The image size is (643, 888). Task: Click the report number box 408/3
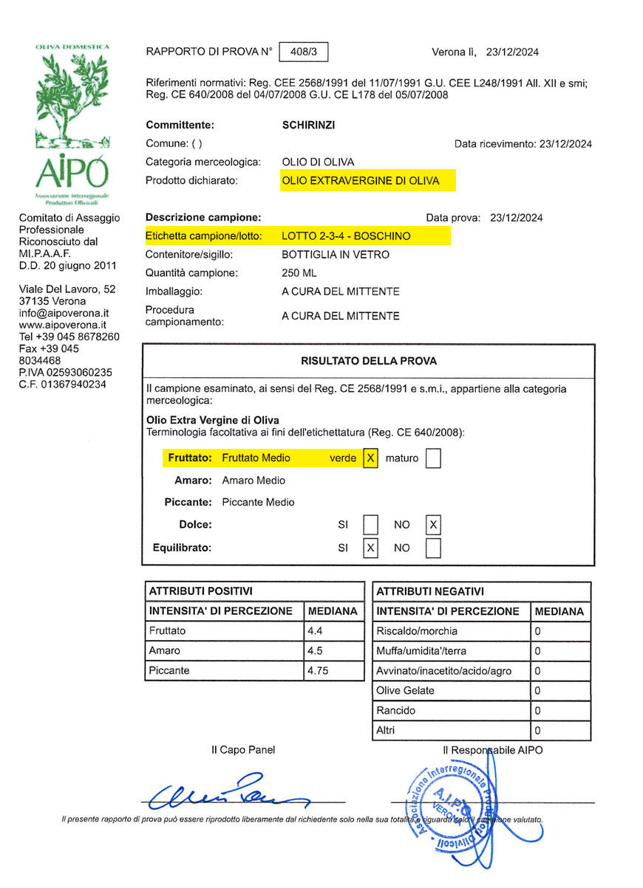304,52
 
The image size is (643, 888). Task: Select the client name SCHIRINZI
308,125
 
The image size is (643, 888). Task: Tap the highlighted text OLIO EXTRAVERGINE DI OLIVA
360,181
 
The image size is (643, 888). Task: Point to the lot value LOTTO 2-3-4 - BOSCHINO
346,236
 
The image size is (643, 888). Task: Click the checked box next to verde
370,458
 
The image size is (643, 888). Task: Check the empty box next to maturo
434,458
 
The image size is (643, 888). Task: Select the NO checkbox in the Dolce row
434,525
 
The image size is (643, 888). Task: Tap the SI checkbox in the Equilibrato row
370,548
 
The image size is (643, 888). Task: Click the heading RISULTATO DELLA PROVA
368,361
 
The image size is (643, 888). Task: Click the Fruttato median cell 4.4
316,631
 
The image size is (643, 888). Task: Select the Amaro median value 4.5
316,651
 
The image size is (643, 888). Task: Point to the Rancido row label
396,711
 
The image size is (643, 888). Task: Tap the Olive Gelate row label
405,691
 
